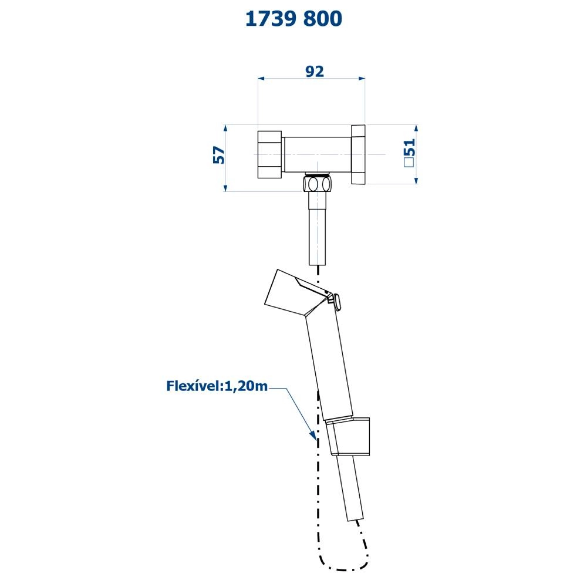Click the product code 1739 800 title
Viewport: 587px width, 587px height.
coord(293,19)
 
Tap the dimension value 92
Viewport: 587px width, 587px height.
coord(315,71)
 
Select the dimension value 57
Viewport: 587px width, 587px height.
coord(219,155)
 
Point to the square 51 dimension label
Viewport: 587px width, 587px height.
coord(410,153)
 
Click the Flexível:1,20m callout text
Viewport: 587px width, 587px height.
coord(217,386)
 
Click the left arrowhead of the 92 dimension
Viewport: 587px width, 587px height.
coord(262,79)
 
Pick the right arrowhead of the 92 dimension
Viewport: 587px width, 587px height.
coord(362,79)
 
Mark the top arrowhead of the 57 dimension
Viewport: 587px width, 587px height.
coord(225,129)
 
